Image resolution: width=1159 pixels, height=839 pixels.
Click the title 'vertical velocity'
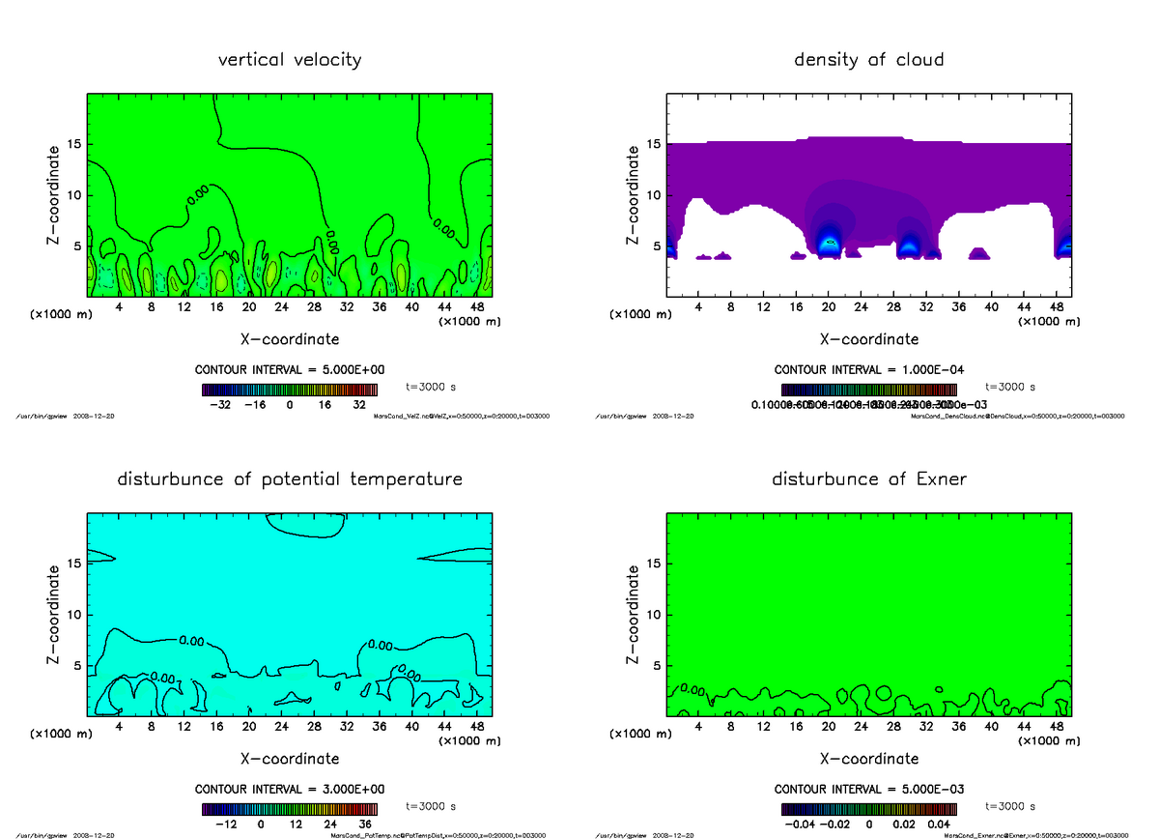point(290,60)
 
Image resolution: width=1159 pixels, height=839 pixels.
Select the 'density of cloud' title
point(868,60)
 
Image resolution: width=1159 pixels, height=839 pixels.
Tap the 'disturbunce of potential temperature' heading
point(290,479)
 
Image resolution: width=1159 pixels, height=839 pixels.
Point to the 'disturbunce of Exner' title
point(868,479)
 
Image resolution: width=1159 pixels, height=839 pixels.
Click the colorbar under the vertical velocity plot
point(289,390)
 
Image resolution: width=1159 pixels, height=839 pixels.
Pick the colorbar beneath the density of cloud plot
point(868,390)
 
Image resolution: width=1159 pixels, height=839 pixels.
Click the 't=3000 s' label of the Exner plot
point(1009,805)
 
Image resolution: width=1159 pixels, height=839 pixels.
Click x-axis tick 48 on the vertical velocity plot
point(476,307)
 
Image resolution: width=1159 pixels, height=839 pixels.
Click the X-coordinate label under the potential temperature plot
point(290,759)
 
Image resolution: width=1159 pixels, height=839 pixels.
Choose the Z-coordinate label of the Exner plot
point(634,616)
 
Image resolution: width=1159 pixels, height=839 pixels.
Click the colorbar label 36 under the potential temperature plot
point(363,825)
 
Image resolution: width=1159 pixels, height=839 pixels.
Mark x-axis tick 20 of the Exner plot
point(828,727)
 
